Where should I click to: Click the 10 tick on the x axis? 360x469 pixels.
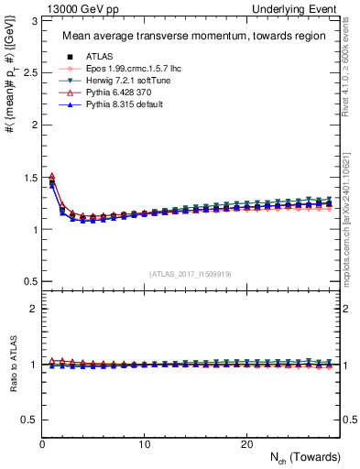click(145, 444)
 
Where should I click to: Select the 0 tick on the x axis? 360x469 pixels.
click(42, 444)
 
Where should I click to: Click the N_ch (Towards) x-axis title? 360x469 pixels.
click(305, 457)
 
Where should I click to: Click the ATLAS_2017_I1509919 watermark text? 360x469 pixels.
click(191, 274)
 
